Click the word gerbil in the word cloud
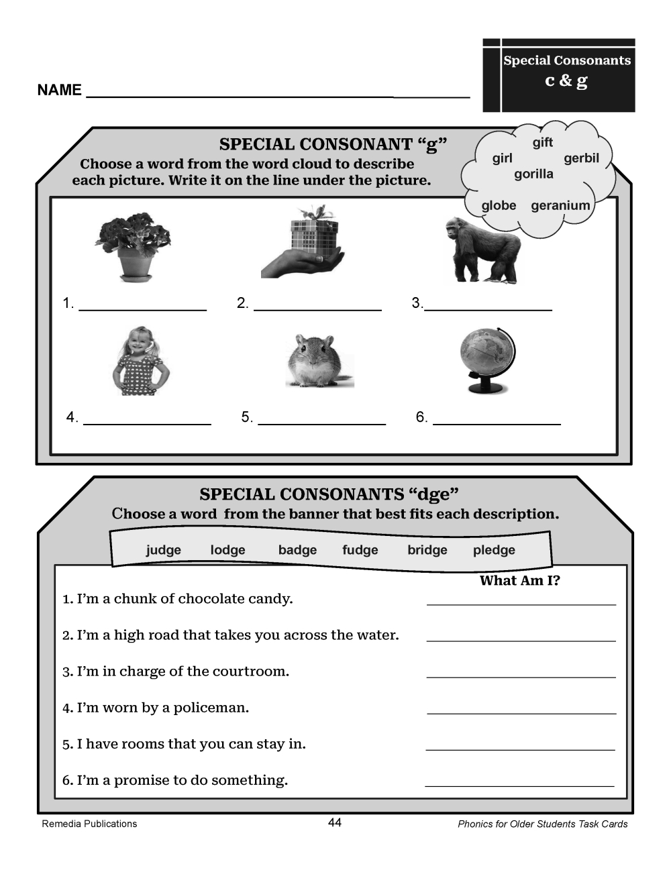click(x=581, y=158)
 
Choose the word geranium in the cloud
click(x=560, y=206)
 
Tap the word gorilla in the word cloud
click(x=533, y=174)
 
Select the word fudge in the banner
click(x=360, y=550)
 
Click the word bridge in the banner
click(x=427, y=550)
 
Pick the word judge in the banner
click(x=164, y=550)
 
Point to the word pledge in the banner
click(x=494, y=550)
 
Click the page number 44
click(x=335, y=822)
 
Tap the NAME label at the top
click(x=59, y=90)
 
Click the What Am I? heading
click(x=519, y=581)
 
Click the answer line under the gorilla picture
click(x=488, y=309)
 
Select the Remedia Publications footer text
click(x=89, y=824)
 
